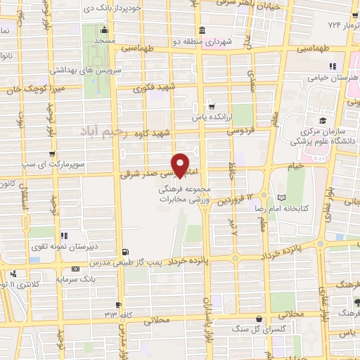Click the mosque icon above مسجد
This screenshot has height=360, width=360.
tap(104, 30)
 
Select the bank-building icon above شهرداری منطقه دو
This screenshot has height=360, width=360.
tap(202, 30)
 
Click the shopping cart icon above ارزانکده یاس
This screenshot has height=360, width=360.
tap(211, 107)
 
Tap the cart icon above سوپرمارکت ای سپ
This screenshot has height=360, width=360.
tap(52, 153)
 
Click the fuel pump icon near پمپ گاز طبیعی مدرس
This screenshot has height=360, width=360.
tap(125, 252)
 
